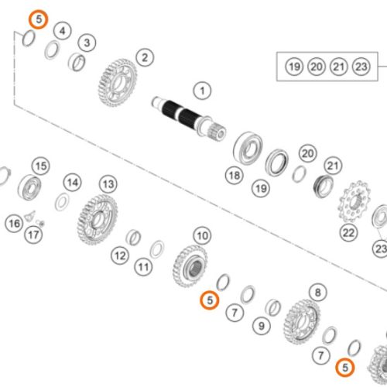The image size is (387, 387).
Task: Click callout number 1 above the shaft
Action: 202,91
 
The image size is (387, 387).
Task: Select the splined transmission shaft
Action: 189,118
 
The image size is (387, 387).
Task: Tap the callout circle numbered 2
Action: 145,57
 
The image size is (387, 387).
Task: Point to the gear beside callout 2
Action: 118,83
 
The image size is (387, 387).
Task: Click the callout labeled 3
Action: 87,43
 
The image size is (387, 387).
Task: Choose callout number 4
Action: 63,31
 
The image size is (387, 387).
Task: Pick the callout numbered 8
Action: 318,293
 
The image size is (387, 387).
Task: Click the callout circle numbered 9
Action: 262,326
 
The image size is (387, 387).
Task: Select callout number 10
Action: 202,235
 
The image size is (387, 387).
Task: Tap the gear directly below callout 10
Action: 190,266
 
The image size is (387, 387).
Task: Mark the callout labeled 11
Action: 143,267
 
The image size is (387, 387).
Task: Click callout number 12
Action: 120,255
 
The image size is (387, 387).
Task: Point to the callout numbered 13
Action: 108,184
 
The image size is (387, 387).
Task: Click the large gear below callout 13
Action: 98,220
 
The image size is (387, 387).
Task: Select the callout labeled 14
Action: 73,183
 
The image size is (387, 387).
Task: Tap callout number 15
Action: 41,166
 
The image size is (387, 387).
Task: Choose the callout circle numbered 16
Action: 14,223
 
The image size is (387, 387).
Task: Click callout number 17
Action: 33,235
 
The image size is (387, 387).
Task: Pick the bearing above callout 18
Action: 248,149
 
